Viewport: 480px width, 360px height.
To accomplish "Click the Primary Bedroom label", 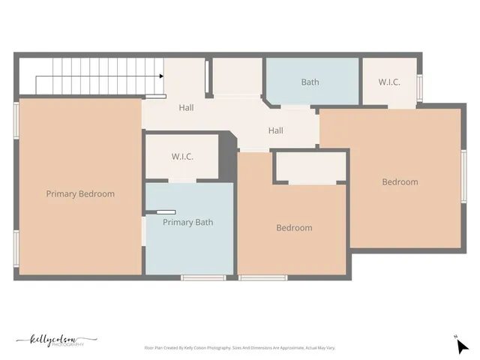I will click(x=80, y=193).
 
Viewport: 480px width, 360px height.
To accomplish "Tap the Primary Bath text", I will click(x=188, y=222).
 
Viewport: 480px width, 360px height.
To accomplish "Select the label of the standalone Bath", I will click(x=310, y=82).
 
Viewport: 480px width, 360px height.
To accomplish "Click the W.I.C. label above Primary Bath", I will click(x=182, y=157).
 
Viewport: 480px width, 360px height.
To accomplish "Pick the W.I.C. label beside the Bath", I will click(x=388, y=82).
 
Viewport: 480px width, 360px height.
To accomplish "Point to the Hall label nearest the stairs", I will click(x=186, y=108).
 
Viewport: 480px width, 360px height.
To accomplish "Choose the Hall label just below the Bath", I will click(x=276, y=130).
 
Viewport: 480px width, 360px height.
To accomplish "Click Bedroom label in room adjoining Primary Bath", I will click(x=294, y=228).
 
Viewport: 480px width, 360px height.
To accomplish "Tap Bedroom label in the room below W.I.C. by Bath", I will click(x=400, y=181).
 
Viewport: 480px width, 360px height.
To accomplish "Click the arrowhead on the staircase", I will click(x=161, y=76).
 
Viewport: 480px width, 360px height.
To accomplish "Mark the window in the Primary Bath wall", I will click(x=203, y=278).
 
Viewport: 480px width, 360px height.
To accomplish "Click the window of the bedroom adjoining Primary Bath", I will click(x=262, y=278).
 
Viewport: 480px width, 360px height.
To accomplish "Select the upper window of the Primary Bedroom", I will click(x=16, y=119).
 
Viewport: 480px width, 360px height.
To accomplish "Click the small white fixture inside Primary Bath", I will click(x=166, y=212).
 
